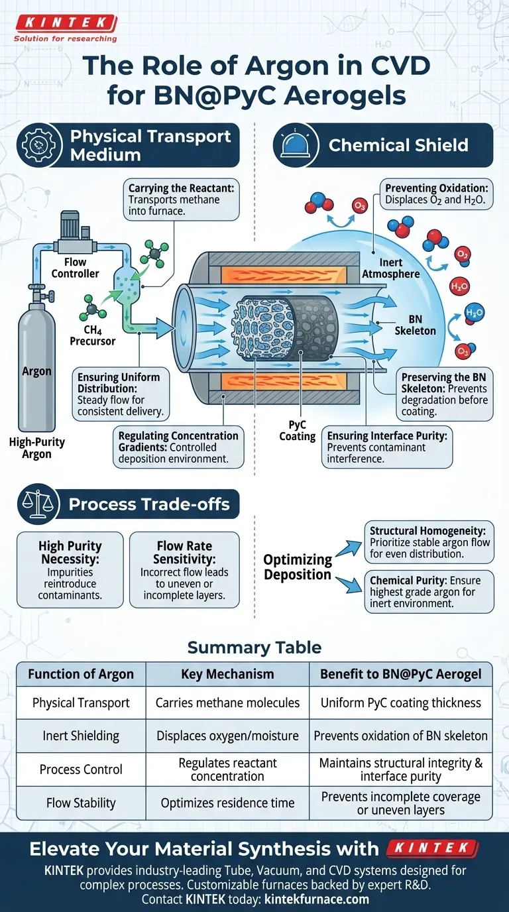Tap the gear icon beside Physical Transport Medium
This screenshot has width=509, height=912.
click(x=40, y=146)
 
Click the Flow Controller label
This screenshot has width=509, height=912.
click(x=76, y=268)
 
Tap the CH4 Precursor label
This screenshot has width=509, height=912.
click(x=92, y=335)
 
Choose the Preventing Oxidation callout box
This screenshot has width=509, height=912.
click(x=435, y=192)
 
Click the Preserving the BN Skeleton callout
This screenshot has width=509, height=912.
click(x=445, y=394)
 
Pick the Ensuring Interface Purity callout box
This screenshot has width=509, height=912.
click(x=388, y=448)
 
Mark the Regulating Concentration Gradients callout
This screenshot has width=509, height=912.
click(x=178, y=447)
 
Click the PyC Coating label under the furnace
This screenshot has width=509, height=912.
click(x=297, y=430)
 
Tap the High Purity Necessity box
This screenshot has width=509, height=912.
click(x=70, y=569)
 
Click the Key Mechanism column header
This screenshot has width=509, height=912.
click(x=227, y=674)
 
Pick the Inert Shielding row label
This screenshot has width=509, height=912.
click(x=81, y=736)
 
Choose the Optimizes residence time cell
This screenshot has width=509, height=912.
click(x=227, y=803)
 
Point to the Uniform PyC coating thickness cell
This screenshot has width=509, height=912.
click(x=400, y=703)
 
